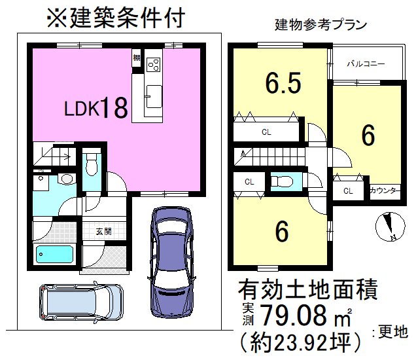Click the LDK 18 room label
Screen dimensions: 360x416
pos(95,109)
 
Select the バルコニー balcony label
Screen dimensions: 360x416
pos(366,64)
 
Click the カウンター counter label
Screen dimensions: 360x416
pos(383,191)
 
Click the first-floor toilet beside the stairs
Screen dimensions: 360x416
pos(92,162)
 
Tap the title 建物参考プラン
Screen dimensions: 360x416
pos(320,25)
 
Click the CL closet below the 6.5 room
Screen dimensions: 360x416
pos(267,132)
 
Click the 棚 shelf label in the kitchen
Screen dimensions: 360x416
pos(136,58)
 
